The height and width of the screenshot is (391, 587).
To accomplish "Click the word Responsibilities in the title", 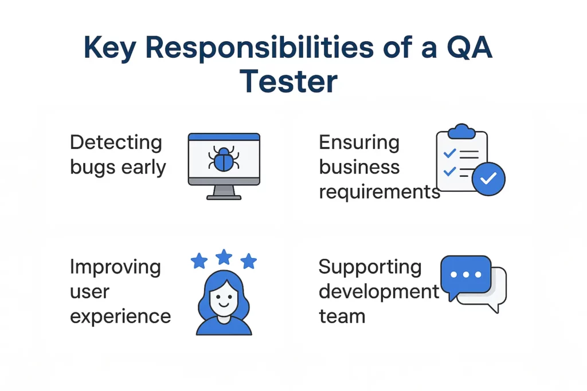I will coord(258,49).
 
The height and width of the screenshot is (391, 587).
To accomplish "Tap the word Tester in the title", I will coord(288,81).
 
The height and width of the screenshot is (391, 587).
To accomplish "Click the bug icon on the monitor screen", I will coord(224,158).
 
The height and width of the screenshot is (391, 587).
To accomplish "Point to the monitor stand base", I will coord(224,196).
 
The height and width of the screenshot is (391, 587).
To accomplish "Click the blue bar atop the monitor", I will coord(224,137).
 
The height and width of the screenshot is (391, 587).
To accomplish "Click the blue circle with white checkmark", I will coord(488,179).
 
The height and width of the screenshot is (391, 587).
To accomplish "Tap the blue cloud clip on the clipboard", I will coord(461,132).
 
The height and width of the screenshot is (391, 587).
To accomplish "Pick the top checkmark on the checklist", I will coord(450,153).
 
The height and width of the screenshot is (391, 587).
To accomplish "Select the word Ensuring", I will coord(359,142).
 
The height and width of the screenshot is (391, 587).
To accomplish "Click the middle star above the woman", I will coord(224,256).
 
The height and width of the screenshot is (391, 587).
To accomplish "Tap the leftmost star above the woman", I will coord(199,262).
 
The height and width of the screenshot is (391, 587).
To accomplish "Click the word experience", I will coord(120,316).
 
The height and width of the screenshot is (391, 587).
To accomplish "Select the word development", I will coord(379,291).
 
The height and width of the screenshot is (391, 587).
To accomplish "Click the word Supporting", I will coord(370,267).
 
